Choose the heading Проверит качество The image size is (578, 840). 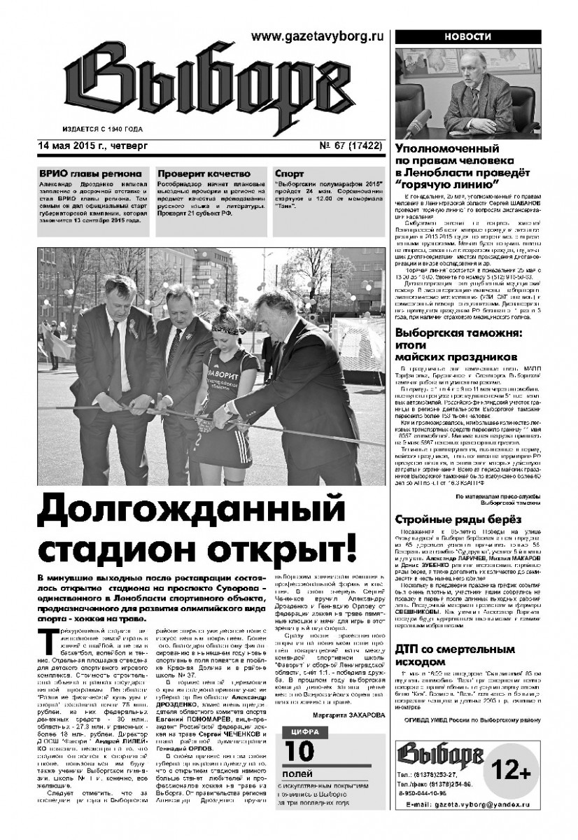[204, 173]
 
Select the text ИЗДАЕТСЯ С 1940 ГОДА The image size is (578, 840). [103, 129]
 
